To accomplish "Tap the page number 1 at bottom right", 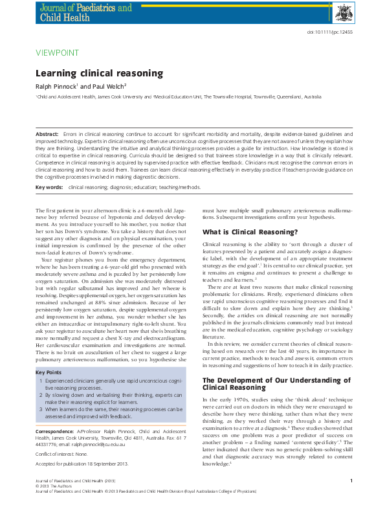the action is pyautogui.click(x=350, y=480).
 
